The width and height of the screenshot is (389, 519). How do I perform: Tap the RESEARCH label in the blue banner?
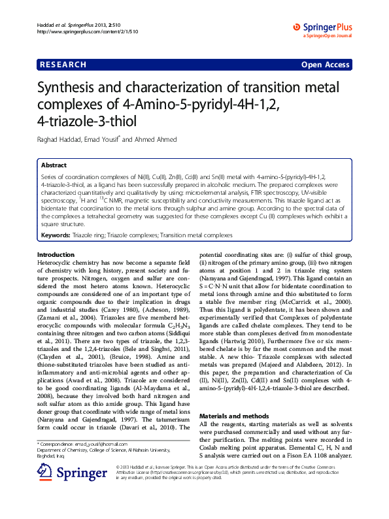[63, 65]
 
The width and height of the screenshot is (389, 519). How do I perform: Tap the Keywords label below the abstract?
[55, 234]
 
